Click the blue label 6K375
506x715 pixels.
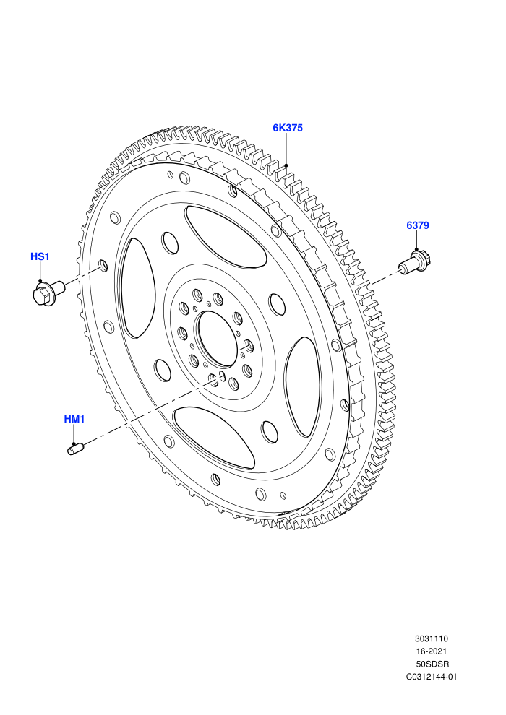(x=288, y=128)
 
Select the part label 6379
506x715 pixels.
(x=418, y=225)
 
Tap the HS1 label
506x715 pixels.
(x=40, y=256)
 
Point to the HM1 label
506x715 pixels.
(x=74, y=419)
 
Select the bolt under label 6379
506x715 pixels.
(x=415, y=261)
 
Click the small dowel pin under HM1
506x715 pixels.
(x=75, y=448)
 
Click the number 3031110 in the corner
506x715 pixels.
(x=431, y=639)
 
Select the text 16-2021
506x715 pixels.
(x=431, y=651)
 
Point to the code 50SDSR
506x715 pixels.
(x=431, y=664)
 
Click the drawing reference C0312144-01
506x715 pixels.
(x=431, y=677)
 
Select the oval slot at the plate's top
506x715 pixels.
(x=226, y=236)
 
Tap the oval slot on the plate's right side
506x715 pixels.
(x=302, y=386)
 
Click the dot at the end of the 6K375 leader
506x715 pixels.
(x=286, y=165)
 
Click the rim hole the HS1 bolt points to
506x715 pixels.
(x=103, y=265)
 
